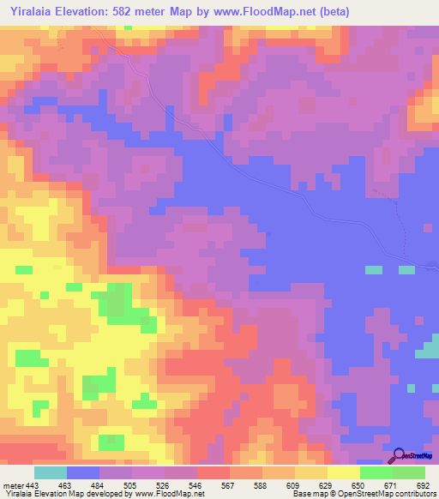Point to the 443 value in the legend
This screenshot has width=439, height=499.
[x=32, y=485]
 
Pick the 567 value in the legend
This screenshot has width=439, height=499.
[x=226, y=485]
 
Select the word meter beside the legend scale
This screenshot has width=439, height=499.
[x=11, y=485]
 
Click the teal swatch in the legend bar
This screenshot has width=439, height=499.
[x=51, y=472]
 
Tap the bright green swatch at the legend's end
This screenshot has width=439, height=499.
[x=409, y=472]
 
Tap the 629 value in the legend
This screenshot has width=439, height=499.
[x=323, y=485]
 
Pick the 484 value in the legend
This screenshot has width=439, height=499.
[x=96, y=485]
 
